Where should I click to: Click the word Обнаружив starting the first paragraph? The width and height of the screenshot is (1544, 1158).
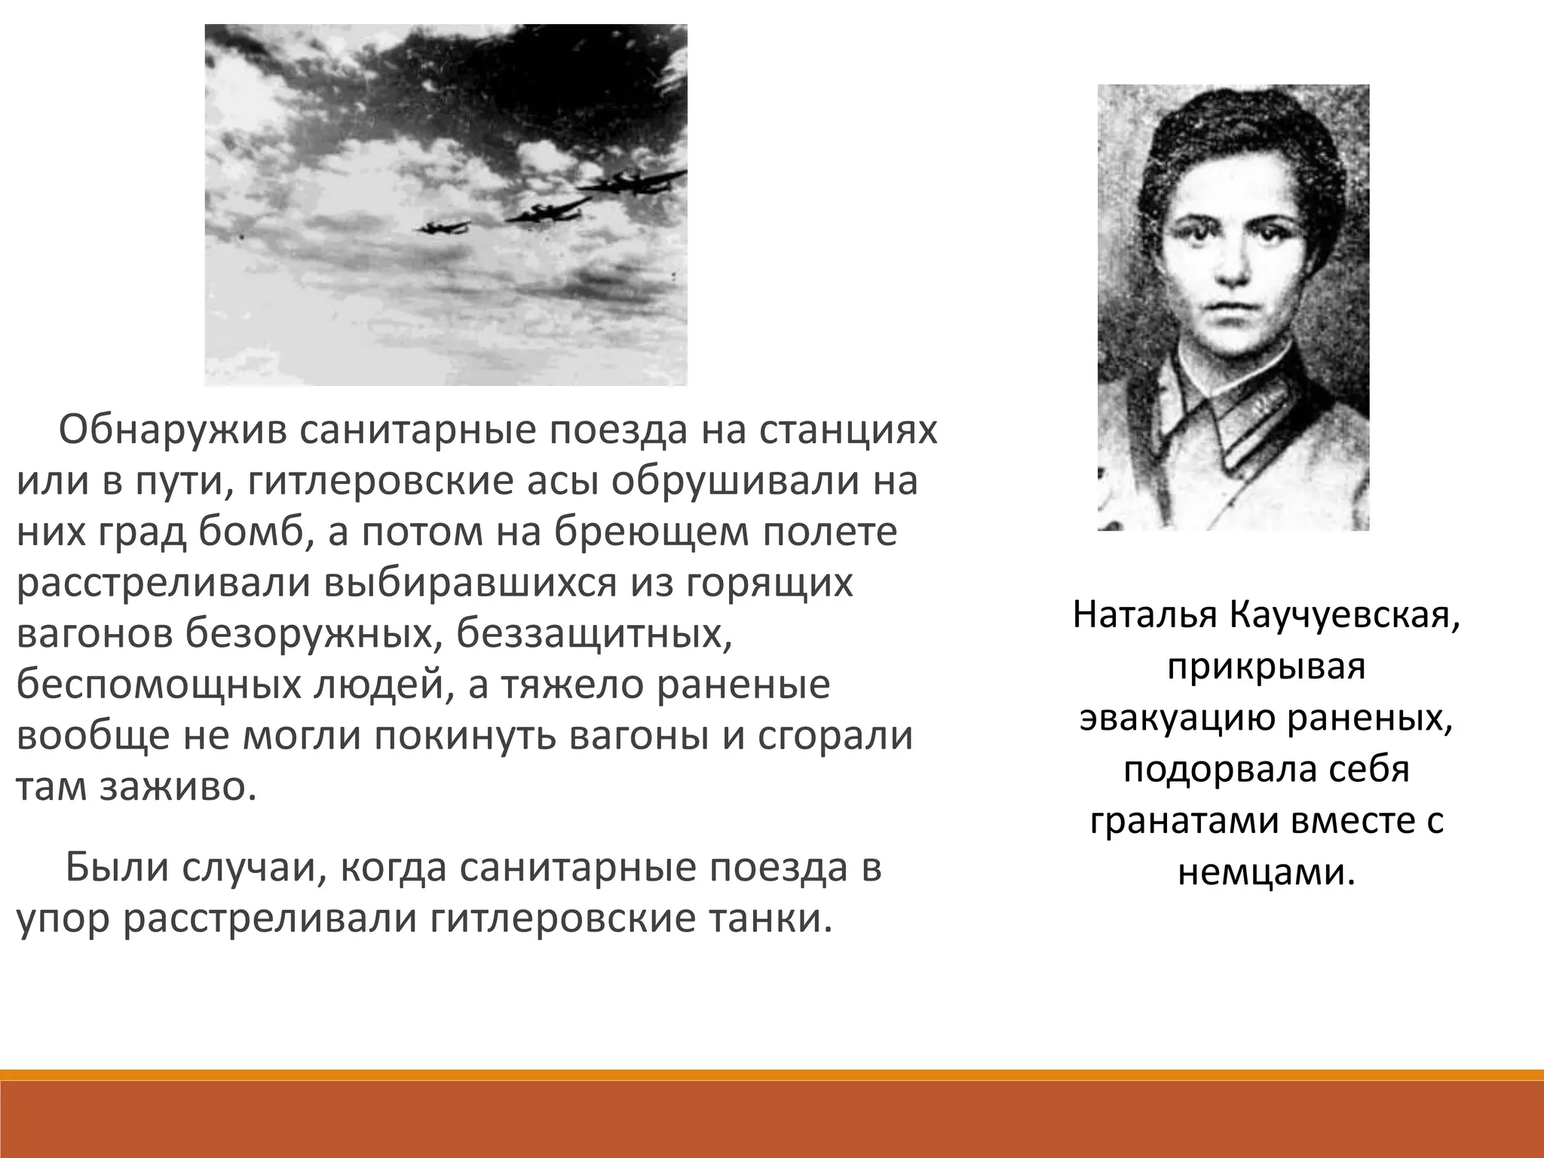coord(167,432)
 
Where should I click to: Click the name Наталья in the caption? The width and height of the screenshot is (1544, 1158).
coord(1145,616)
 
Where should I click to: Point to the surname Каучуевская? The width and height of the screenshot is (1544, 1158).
coord(1343,616)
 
